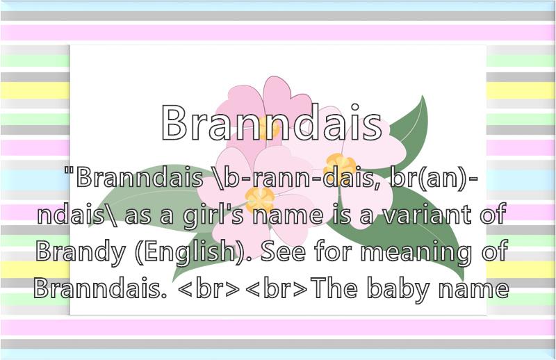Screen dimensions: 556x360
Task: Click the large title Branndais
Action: (272, 122)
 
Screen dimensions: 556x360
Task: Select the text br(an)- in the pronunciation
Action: (433, 177)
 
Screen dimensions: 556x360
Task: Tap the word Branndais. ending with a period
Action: (100, 287)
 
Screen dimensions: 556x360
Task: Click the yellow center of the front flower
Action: (260, 199)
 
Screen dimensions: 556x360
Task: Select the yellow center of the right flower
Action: (340, 165)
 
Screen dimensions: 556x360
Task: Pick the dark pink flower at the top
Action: (264, 106)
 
